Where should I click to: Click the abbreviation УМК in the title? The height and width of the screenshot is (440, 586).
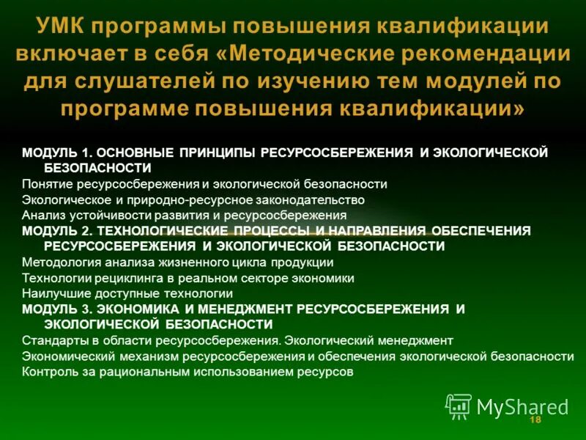62,26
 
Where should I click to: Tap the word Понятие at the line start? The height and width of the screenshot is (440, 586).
45,184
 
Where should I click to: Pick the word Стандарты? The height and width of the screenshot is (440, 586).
48,340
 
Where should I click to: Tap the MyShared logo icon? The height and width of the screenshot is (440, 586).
459,406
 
